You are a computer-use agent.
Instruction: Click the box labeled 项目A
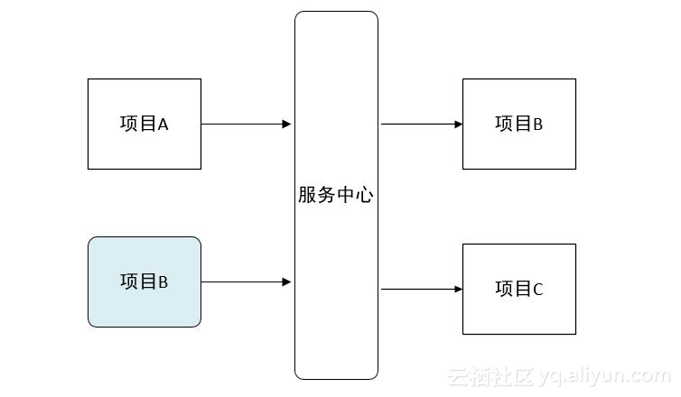click(x=145, y=124)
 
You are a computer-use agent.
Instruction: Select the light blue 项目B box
click(x=145, y=282)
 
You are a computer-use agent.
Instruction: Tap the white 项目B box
click(x=519, y=124)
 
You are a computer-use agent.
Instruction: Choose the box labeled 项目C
click(x=519, y=289)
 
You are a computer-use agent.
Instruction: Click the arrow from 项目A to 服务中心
click(x=244, y=124)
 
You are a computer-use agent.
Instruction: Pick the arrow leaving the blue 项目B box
click(x=244, y=282)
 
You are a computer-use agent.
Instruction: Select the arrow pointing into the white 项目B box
click(x=420, y=124)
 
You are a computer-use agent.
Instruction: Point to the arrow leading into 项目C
click(x=420, y=290)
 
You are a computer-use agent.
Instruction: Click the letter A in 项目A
click(x=163, y=125)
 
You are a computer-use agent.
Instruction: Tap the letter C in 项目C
click(x=538, y=290)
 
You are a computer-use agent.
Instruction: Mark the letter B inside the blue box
click(x=163, y=282)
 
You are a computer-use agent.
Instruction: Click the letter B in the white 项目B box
click(x=538, y=125)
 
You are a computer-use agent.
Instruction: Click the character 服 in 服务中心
click(x=307, y=195)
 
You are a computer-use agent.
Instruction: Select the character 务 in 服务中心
click(x=326, y=195)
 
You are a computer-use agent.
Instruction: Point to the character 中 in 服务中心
click(x=345, y=195)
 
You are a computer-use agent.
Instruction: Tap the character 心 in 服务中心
click(x=364, y=195)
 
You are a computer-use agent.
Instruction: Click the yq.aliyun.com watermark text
click(x=615, y=375)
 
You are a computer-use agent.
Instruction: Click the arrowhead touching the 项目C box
click(x=458, y=290)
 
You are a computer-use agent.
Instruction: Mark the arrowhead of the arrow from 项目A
click(x=286, y=124)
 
